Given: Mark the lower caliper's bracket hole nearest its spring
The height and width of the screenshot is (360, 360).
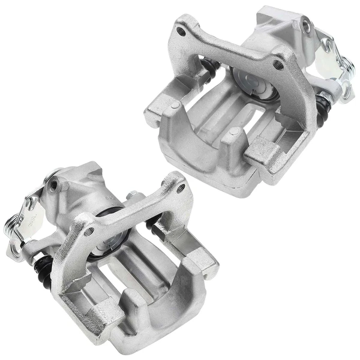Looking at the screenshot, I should coord(89,231).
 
